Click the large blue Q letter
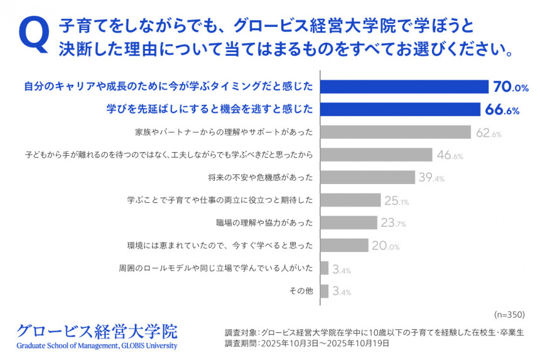[34, 35]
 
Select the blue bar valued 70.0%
[404, 87]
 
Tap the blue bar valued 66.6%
[400, 109]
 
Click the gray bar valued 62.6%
[396, 132]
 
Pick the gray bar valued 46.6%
[376, 155]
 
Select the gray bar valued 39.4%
[367, 177]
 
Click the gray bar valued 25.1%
[350, 200]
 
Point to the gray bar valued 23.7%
[348, 222]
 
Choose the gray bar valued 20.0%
[344, 245]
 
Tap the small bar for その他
[324, 291]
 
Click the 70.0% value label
[510, 87]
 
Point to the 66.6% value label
[502, 109]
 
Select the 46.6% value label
[450, 155]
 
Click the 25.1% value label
[396, 200]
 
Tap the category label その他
[301, 291]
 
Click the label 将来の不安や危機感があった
[261, 177]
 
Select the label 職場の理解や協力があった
[264, 222]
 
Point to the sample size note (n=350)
[510, 314]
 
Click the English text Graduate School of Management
[68, 346]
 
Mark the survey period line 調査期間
[307, 344]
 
